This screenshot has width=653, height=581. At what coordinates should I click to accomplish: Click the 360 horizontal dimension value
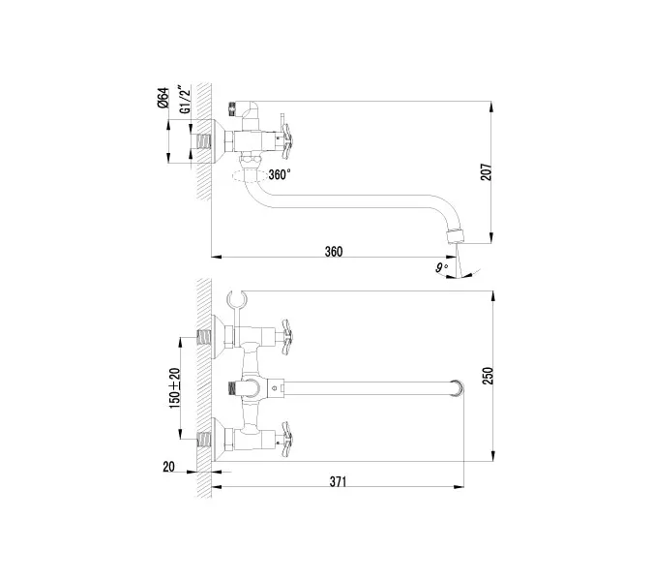click(333, 251)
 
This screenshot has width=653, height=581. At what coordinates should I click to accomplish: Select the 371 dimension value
click(337, 481)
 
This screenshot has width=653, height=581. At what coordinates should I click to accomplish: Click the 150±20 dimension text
click(174, 384)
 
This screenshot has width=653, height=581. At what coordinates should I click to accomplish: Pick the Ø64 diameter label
click(164, 100)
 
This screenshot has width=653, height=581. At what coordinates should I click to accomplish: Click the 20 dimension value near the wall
click(170, 466)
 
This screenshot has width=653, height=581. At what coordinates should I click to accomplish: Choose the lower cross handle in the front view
click(287, 439)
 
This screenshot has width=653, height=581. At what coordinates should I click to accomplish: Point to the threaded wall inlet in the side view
click(202, 139)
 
